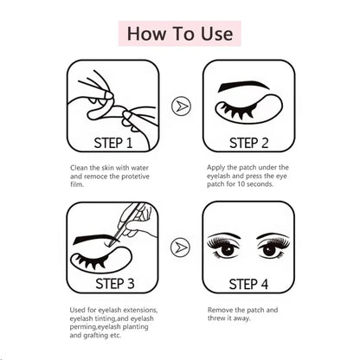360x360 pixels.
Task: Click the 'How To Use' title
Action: (x=180, y=34)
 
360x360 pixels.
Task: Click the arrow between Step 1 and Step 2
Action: (x=179, y=106)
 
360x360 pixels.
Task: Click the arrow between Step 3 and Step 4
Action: (x=179, y=248)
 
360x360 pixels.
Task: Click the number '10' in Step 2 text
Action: (x=248, y=184)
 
